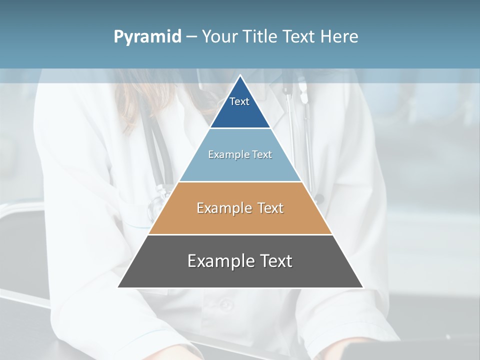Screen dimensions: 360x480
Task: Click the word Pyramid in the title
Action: [x=147, y=37]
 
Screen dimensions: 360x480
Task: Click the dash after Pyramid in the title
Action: [x=191, y=37]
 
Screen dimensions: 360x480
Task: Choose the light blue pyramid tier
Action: [x=240, y=167]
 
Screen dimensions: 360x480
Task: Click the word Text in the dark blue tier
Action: [x=239, y=101]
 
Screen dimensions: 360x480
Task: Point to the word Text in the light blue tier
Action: [x=262, y=154]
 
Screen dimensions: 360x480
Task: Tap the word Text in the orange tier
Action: [x=270, y=208]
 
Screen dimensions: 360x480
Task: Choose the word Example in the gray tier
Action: [x=220, y=261]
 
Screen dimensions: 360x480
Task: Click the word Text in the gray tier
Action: [x=275, y=261]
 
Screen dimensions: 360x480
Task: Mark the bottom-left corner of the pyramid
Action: [x=118, y=287]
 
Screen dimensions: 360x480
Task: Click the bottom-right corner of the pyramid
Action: [x=362, y=287]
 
